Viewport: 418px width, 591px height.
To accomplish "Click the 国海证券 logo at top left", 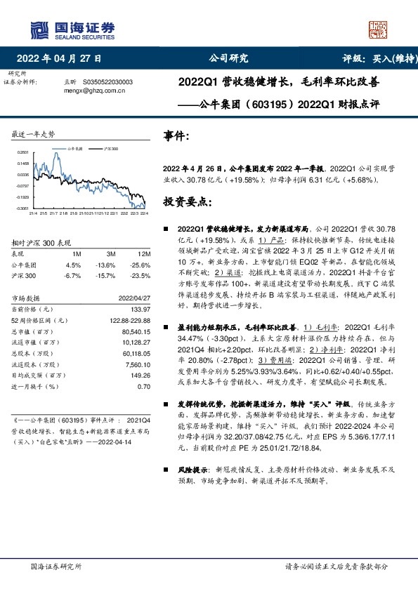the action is pyautogui.click(x=71, y=27).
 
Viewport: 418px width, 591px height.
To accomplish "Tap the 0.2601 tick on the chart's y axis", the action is pyautogui.click(x=22, y=152).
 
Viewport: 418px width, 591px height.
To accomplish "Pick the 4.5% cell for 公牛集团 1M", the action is pyautogui.click(x=73, y=265).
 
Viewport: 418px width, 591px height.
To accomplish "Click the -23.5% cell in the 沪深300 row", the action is pyautogui.click(x=141, y=275).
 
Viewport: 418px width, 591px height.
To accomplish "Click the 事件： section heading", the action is pyautogui.click(x=176, y=135).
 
